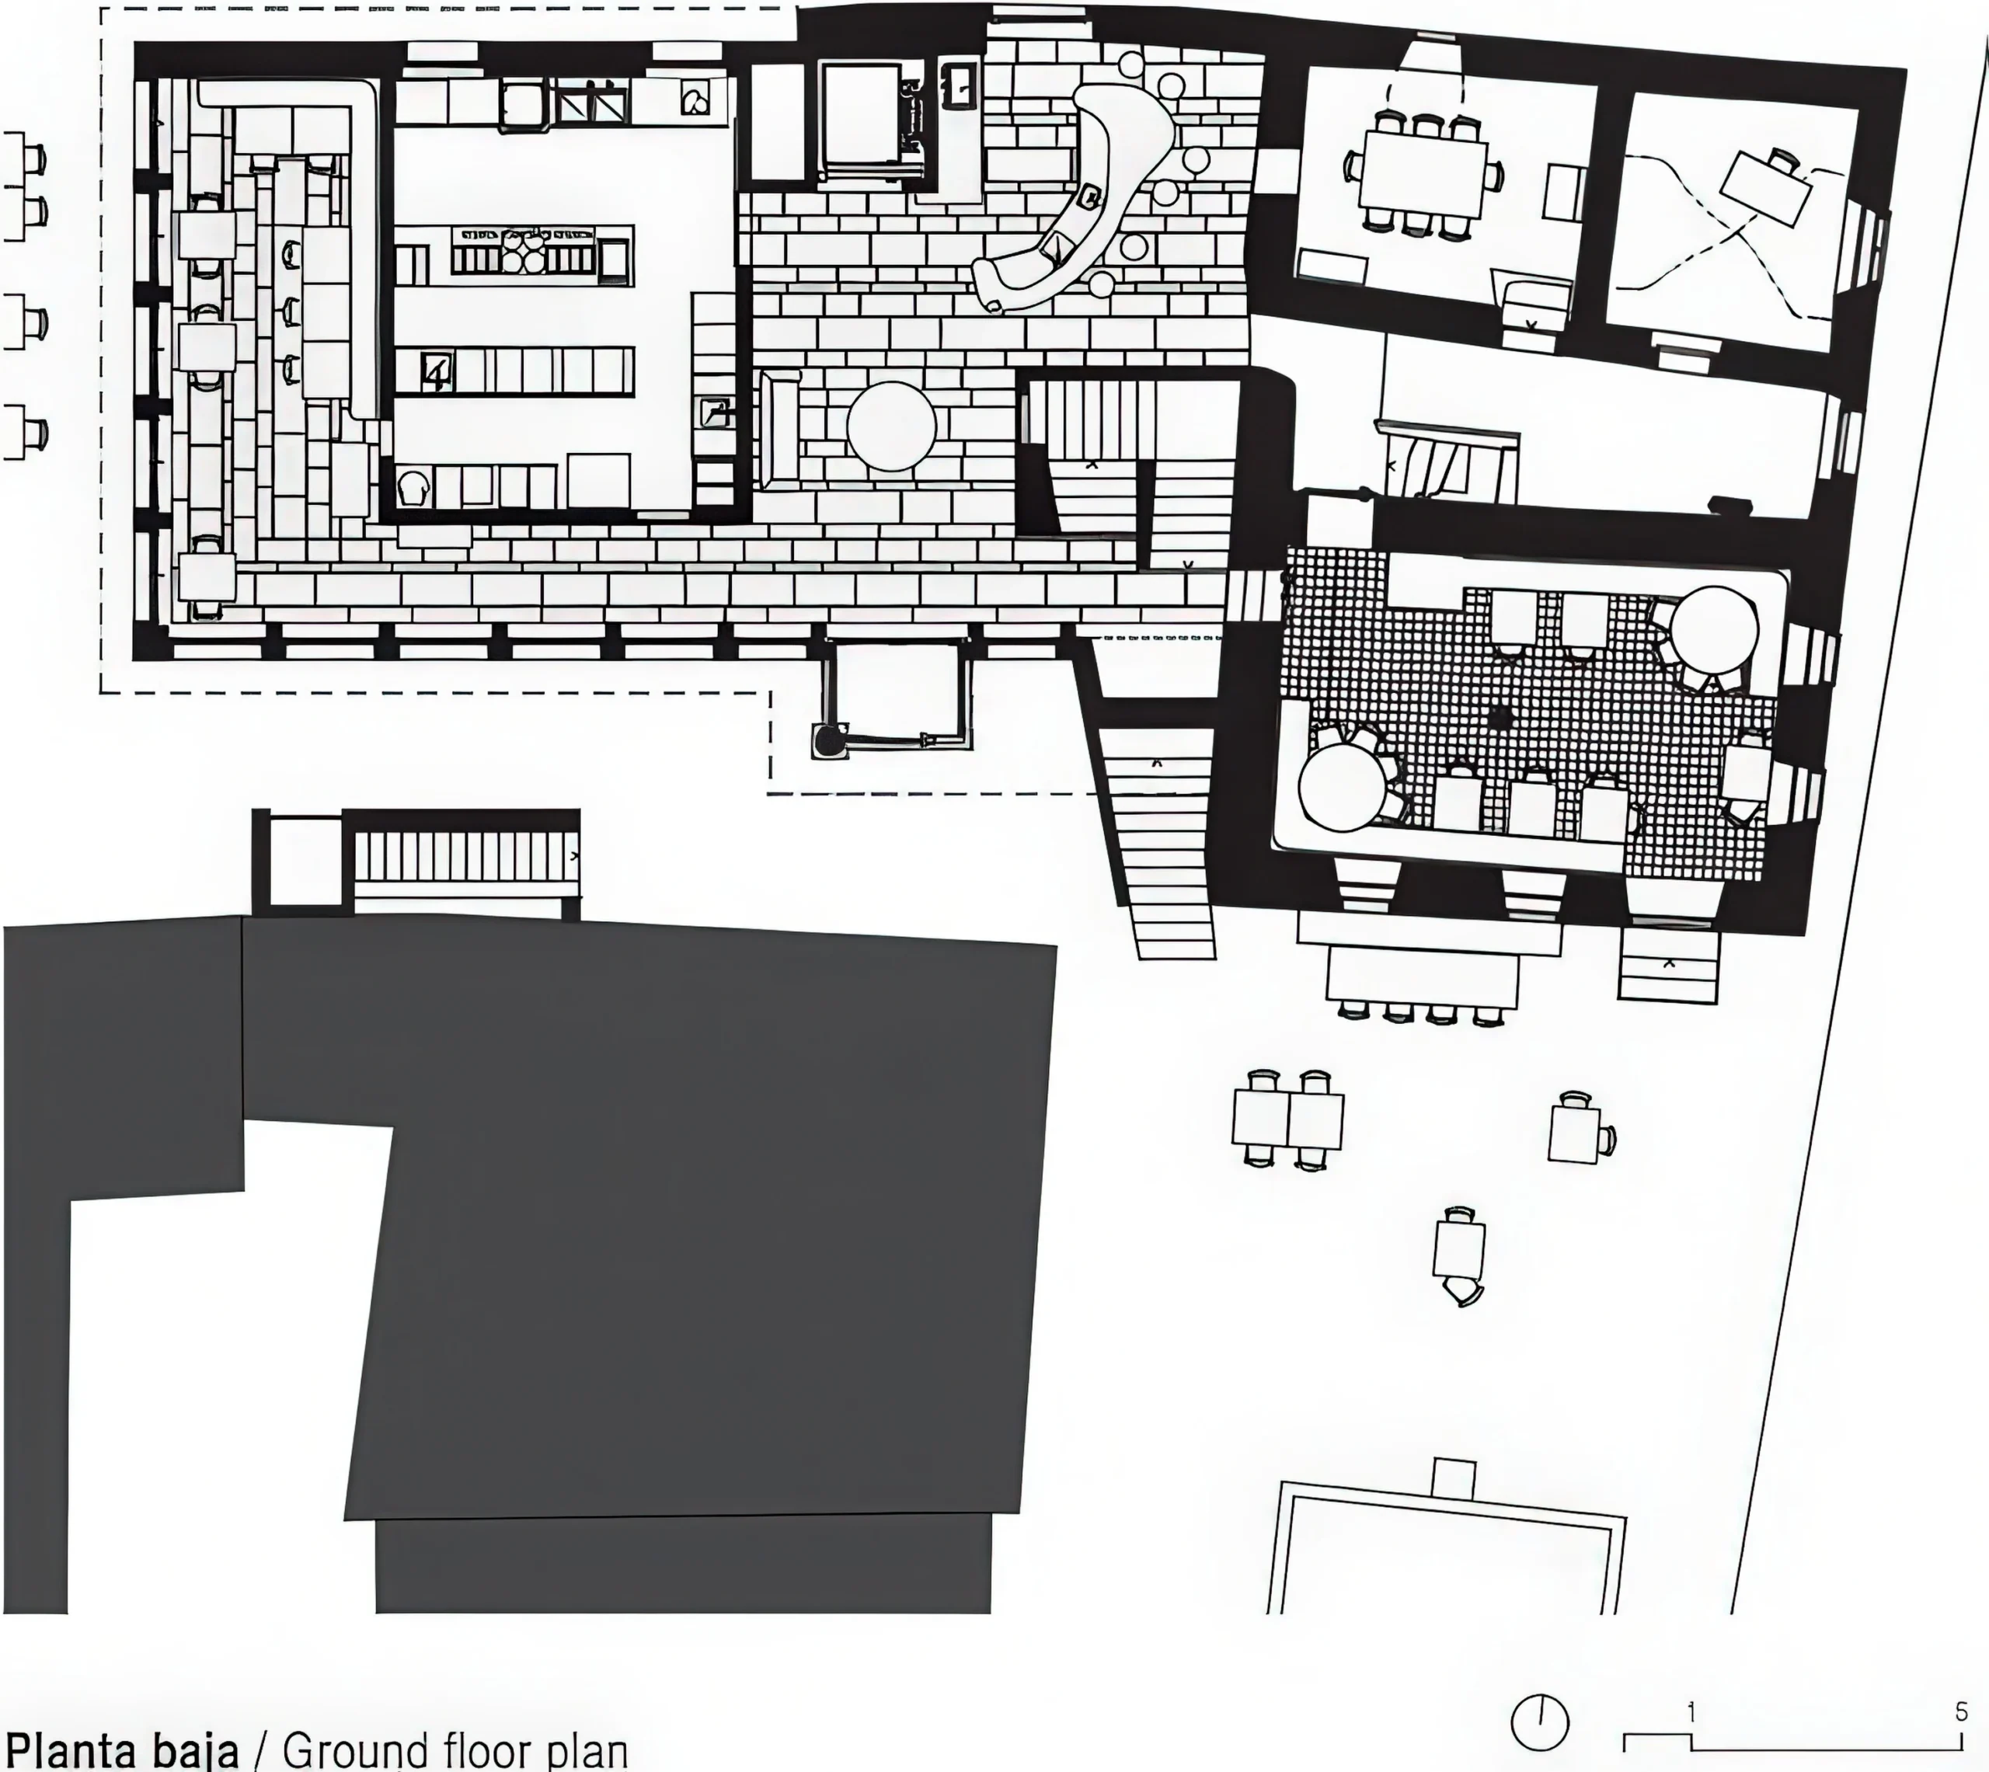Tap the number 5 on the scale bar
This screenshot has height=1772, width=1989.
[x=1961, y=1713]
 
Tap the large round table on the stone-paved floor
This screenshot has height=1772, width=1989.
[x=892, y=426]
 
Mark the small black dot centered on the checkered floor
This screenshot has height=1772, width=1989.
[x=1497, y=719]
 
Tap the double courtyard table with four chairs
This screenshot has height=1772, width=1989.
[x=1287, y=1118]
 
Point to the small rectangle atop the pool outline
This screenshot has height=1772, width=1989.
[x=1454, y=1480]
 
